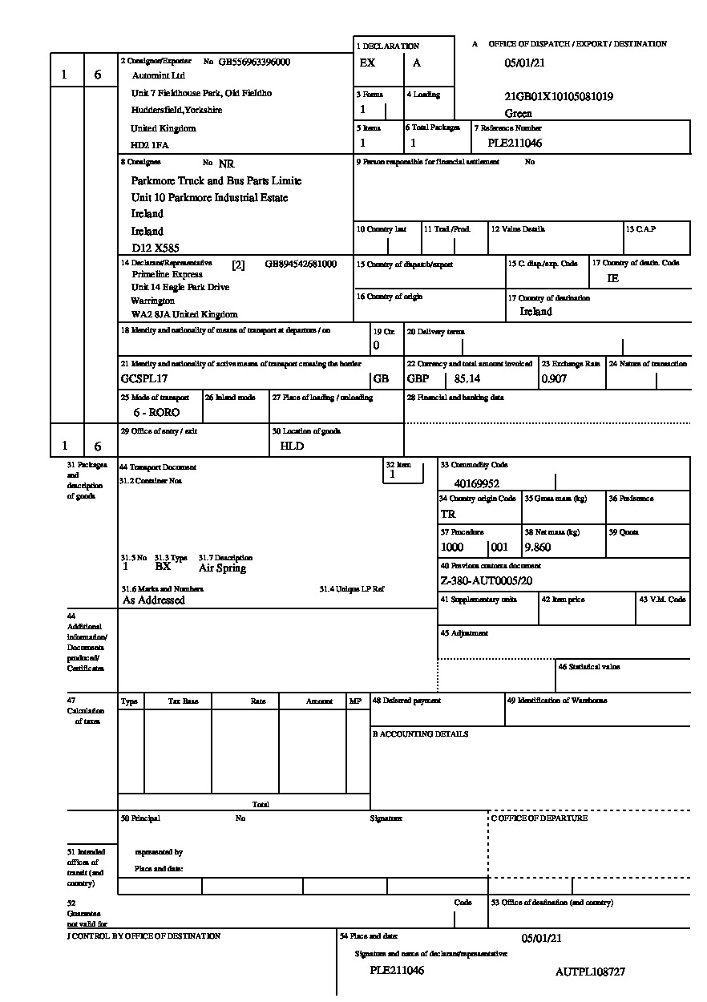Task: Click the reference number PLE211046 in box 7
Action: point(515,143)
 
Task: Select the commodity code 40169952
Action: point(477,483)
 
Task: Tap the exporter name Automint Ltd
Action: point(158,75)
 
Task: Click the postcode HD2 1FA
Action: point(150,146)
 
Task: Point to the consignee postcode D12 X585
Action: point(155,248)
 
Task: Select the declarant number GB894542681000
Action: point(301,264)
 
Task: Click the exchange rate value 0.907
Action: point(554,379)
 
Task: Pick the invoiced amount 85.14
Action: point(469,379)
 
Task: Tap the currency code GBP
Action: point(418,379)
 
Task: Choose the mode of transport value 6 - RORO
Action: point(156,413)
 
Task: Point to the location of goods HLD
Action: point(292,446)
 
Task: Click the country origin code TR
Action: point(448,515)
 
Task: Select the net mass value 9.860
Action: point(537,547)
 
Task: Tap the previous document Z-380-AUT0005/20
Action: point(487,581)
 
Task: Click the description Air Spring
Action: point(222,568)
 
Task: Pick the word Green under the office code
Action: point(519,114)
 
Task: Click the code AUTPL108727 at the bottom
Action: point(590,972)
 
